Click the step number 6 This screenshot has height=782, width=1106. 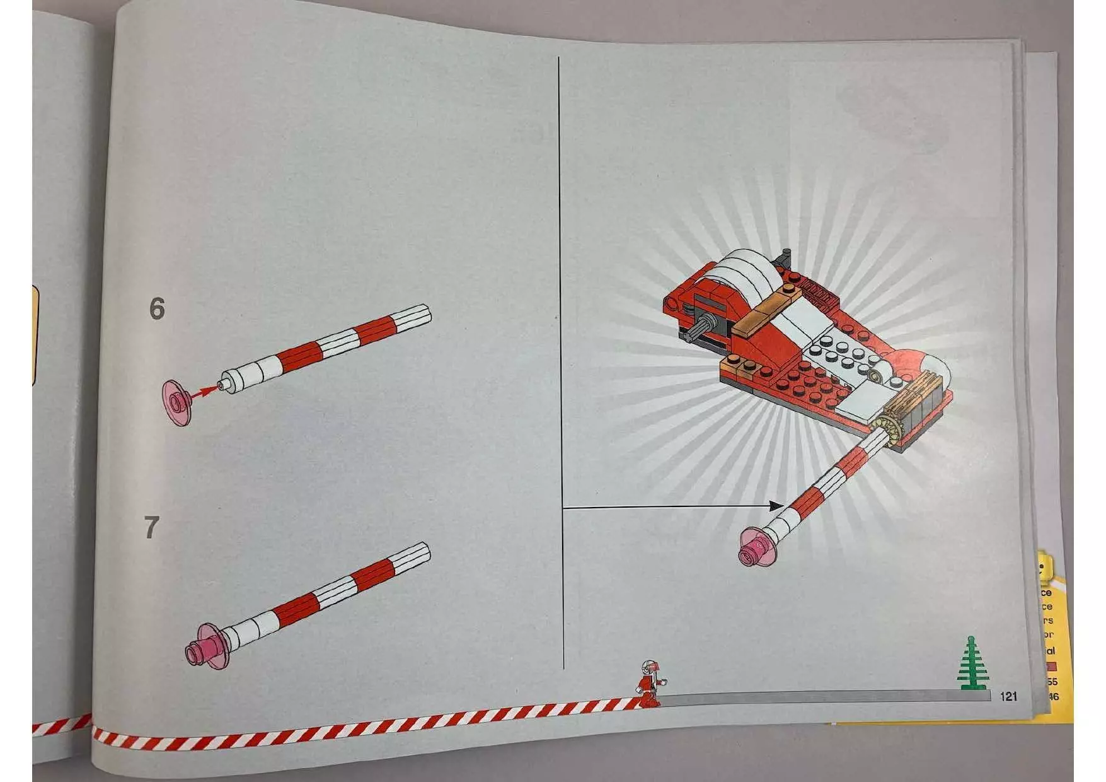point(156,309)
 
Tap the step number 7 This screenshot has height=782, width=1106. point(151,528)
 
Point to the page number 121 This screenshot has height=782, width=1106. point(1008,696)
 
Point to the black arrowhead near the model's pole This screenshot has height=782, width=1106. point(776,505)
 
